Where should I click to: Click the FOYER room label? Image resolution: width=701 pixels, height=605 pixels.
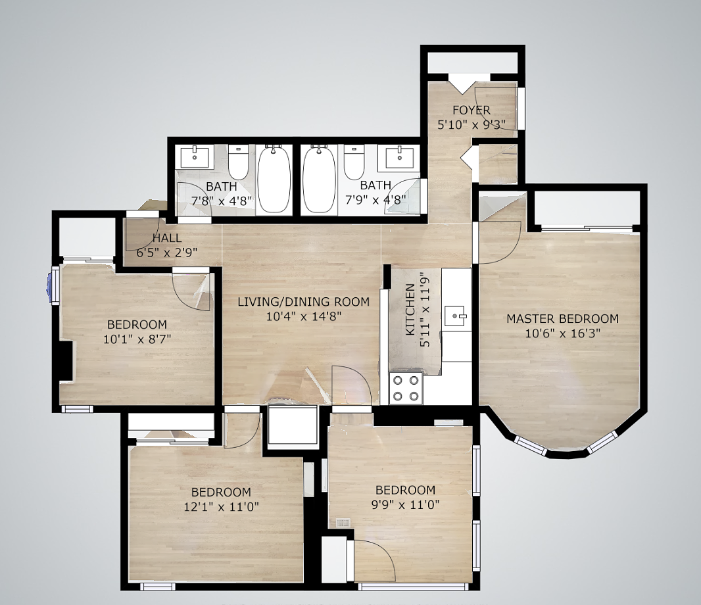471,110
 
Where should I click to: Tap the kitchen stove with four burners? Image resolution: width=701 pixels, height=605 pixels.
406,388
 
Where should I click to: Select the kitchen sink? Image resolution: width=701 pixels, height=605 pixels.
456,316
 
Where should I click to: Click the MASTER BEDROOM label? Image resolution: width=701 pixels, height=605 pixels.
562,319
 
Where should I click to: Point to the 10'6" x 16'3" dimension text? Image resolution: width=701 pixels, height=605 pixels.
562,333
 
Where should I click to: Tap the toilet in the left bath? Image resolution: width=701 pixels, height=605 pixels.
238,161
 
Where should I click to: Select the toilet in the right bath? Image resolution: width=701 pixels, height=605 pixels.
354,161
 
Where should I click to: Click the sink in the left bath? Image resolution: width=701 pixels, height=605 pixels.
195,157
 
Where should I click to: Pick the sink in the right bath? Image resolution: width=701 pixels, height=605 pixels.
399,157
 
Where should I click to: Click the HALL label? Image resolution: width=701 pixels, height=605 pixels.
167,238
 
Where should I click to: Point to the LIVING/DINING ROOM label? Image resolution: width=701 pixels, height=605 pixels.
304,302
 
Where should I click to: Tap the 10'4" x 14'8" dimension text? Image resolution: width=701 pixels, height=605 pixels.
304,316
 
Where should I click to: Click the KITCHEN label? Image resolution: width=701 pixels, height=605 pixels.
410,310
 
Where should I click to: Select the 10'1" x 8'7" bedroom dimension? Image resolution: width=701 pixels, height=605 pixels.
137,339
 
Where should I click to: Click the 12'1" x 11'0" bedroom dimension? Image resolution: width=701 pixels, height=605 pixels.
222,507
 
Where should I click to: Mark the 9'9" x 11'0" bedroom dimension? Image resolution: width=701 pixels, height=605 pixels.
406,505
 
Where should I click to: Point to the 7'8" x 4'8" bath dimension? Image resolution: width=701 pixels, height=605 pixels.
222,201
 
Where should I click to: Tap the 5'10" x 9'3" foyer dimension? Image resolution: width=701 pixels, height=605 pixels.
471,125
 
